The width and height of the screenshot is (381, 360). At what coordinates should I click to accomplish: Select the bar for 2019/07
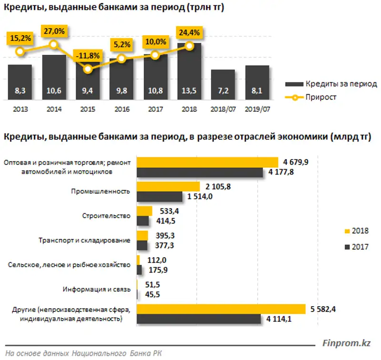point(257,83)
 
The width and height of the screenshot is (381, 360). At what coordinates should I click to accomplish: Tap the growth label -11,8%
point(87,55)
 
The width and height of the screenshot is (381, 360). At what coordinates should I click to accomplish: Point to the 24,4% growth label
point(190,33)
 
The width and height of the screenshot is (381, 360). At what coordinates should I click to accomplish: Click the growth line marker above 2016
point(121,59)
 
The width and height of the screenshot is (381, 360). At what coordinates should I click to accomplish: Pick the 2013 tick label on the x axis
point(20,109)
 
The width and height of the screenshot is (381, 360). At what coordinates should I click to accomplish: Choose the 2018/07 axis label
point(223,109)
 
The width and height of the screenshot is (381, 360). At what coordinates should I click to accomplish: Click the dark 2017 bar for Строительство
point(143,220)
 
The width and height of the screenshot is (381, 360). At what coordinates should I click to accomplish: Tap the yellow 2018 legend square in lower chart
point(347,231)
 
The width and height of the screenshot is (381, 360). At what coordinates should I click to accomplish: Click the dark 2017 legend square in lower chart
point(347,246)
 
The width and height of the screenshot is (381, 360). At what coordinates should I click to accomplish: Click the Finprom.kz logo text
point(346,342)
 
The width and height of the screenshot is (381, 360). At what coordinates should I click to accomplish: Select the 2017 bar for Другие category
point(199,319)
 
